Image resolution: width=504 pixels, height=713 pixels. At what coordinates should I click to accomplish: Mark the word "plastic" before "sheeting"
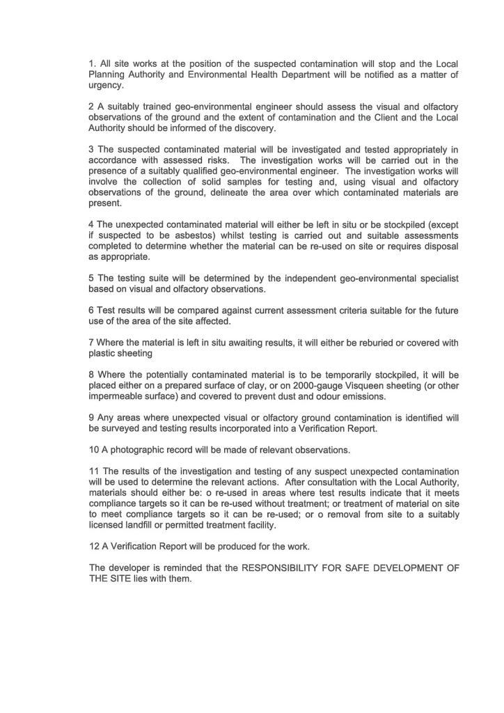[x=103, y=354]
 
